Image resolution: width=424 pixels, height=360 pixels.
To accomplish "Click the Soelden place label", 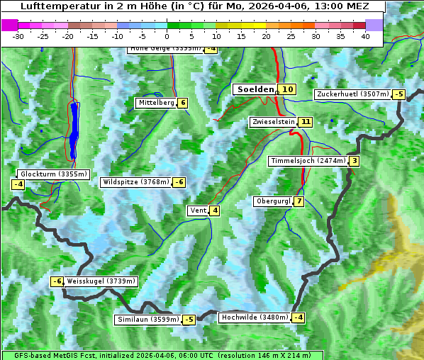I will point(255,89).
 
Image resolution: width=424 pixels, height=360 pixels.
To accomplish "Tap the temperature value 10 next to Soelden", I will point(286,89).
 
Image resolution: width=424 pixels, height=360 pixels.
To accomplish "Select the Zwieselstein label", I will point(273,122).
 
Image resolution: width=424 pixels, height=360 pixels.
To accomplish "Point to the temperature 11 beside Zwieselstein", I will point(306,122).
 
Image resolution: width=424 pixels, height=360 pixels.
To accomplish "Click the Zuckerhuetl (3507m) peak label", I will point(353,94).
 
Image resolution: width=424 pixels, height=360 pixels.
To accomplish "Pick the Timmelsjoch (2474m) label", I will point(308,161).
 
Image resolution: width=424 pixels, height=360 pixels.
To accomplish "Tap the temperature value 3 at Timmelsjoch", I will point(354,161).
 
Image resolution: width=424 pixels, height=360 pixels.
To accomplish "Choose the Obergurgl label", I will point(273,201).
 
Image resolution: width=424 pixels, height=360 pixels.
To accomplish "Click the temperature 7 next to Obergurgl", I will point(299,201).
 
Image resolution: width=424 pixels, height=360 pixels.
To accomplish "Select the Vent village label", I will point(198,210).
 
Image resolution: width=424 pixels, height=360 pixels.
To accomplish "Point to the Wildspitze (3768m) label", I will point(136,182).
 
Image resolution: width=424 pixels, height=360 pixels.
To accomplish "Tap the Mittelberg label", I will point(156,103).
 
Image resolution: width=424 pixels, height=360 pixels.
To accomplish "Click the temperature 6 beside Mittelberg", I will point(183,103).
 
